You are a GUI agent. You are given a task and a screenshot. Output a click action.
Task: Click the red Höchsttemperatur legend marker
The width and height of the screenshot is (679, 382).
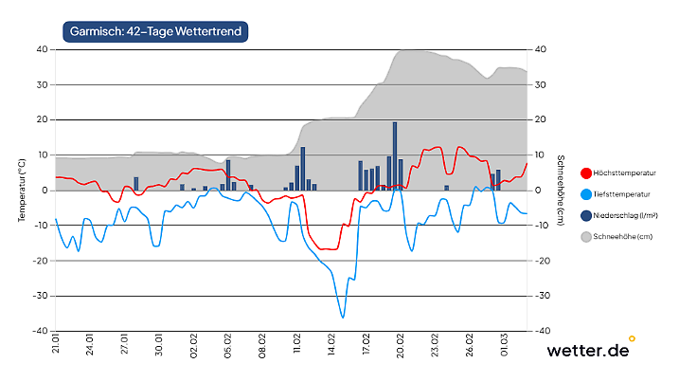585,173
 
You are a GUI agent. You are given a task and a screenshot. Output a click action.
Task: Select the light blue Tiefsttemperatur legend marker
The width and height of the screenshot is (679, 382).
585,194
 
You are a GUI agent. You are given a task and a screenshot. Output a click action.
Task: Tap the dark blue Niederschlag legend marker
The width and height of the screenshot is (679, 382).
585,215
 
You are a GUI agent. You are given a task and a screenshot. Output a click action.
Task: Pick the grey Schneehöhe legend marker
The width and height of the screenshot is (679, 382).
585,236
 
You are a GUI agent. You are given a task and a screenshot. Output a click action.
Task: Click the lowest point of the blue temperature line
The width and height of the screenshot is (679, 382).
342,317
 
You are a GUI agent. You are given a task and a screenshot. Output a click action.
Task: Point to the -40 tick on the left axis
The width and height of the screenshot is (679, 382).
42,331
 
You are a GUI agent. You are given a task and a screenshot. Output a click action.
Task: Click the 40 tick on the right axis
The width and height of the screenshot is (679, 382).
540,49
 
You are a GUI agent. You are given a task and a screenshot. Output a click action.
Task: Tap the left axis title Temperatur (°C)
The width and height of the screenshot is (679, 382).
21,190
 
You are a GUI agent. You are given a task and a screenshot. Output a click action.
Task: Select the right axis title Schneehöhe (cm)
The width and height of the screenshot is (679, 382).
561,190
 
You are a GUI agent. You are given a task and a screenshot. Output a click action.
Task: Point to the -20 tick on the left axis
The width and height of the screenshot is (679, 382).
42,261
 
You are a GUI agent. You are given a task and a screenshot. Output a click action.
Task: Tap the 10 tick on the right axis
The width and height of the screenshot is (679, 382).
540,155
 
